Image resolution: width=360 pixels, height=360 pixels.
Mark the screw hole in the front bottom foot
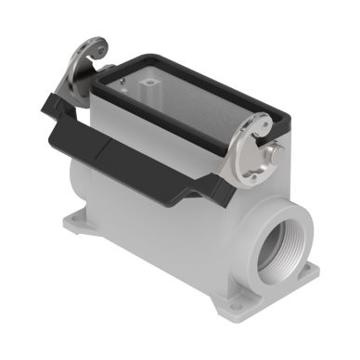[x=233, y=307]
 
